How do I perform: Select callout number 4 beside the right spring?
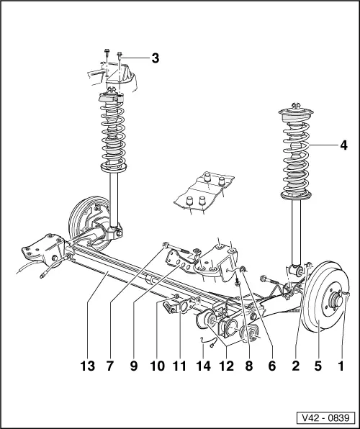(x=344, y=144)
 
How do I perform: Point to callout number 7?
(x=110, y=366)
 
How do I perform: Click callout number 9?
(x=133, y=366)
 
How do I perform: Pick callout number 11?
(x=180, y=366)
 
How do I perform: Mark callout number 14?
(x=202, y=366)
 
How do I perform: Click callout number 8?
(x=249, y=366)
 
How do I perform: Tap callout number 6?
(x=271, y=366)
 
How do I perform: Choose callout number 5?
(x=319, y=366)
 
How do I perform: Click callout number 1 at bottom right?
(x=342, y=366)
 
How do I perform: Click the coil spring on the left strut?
(x=114, y=133)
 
